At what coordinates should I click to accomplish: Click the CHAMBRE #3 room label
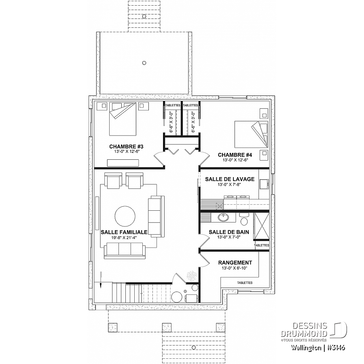coord(126,146)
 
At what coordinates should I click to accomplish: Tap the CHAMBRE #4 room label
coord(235,155)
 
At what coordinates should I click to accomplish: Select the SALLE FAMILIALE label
coord(124,232)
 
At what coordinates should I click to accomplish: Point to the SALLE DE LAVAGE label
coord(230,179)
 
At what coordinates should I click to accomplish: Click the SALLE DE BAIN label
coord(229,232)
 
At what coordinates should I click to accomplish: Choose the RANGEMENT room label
coord(235,262)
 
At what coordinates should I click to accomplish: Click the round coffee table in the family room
coord(125,216)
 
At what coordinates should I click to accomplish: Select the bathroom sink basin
coord(224,217)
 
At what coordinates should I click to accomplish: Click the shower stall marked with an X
coord(262,226)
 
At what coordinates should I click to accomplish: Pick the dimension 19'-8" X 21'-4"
coord(124,237)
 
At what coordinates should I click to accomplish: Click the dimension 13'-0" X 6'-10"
coord(235,268)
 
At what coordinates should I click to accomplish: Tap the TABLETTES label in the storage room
coord(245,283)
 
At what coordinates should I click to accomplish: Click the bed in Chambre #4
coord(252,134)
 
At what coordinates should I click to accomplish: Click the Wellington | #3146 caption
coord(318,347)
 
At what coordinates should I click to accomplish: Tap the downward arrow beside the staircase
coord(101,280)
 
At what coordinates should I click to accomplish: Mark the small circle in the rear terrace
coord(144,63)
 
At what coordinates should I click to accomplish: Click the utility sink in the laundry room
coord(264,184)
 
